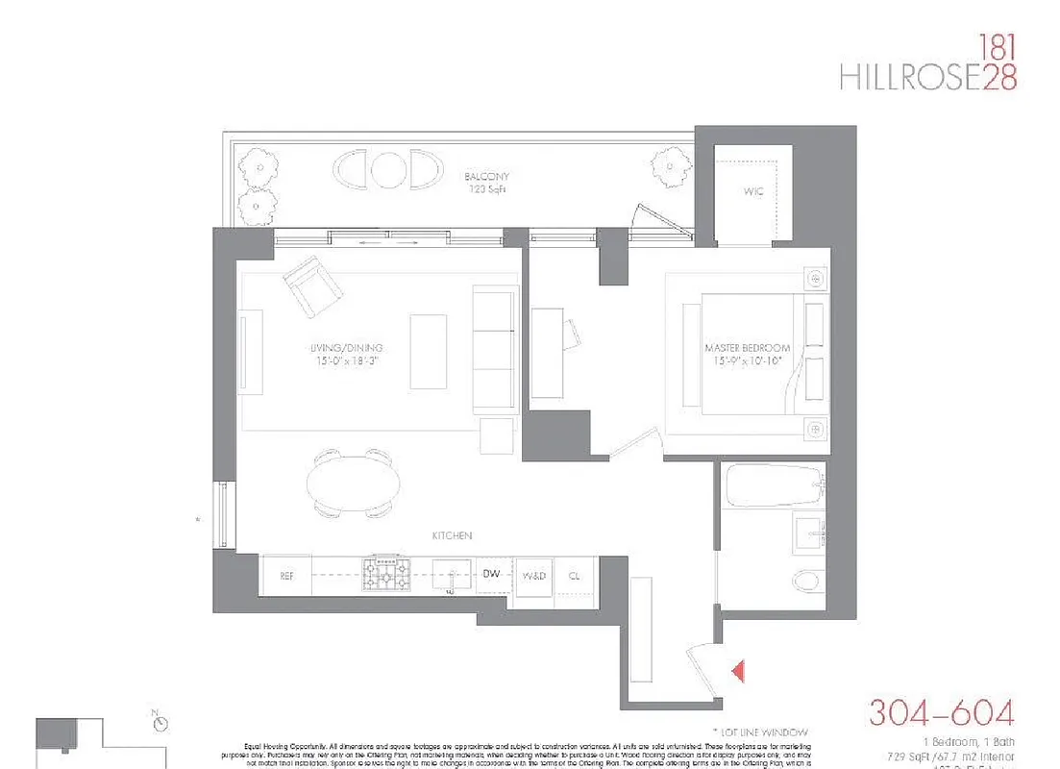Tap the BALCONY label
[x=486, y=177]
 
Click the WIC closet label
[x=752, y=192]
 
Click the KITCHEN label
[x=451, y=535]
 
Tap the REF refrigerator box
[x=285, y=576]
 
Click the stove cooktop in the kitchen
[x=389, y=574]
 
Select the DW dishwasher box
[x=492, y=574]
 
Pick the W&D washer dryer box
[x=533, y=576]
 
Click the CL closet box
[x=575, y=576]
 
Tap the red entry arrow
[x=737, y=671]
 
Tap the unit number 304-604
[x=941, y=713]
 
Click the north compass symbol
[x=160, y=722]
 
